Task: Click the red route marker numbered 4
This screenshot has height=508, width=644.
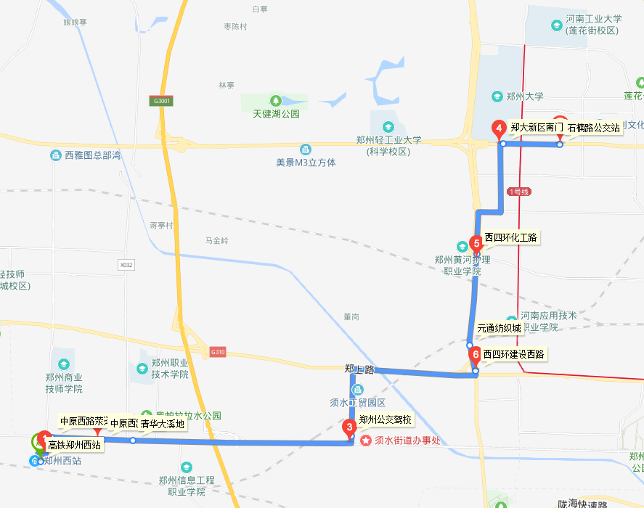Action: click(499, 128)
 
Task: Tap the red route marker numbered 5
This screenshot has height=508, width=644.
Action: click(476, 243)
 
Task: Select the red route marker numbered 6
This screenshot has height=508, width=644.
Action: click(476, 356)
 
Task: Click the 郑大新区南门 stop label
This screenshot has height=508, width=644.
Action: click(537, 127)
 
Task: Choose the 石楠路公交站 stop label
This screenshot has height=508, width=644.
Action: click(593, 128)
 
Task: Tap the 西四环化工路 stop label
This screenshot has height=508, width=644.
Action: click(512, 237)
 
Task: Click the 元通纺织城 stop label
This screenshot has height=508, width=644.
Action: click(500, 328)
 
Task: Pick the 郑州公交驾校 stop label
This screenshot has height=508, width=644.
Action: click(386, 419)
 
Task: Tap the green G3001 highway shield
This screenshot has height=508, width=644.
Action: click(162, 101)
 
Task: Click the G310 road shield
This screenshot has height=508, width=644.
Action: click(219, 353)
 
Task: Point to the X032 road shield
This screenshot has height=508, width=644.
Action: click(127, 266)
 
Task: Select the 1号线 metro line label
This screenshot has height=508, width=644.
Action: click(520, 192)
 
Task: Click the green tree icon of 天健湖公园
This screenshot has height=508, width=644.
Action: click(276, 100)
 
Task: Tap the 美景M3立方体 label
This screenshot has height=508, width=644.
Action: click(306, 163)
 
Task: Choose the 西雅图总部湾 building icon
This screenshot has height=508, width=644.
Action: click(55, 155)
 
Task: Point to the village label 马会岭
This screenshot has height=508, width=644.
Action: click(216, 240)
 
